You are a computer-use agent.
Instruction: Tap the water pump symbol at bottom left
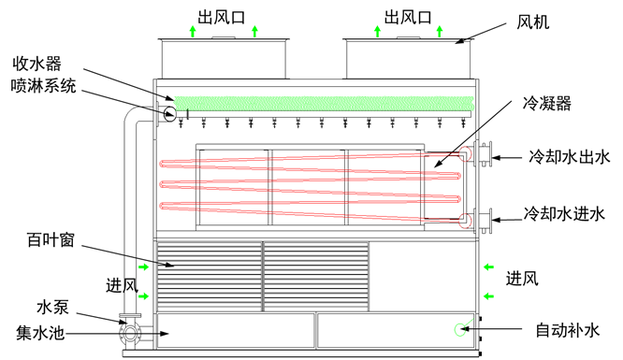[x=130, y=331]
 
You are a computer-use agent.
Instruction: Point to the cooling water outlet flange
[x=484, y=153]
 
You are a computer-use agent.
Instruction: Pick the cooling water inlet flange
[x=484, y=221]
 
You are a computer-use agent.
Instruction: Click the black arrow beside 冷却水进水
[x=507, y=221]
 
